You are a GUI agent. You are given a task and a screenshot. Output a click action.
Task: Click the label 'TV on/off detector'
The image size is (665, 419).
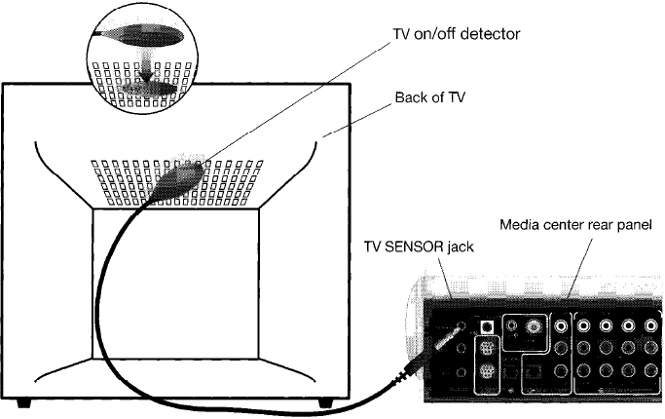(456, 33)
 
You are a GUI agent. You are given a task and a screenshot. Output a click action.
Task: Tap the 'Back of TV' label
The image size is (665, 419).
(430, 97)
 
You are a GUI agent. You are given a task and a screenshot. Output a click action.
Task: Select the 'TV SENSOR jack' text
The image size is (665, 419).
(419, 247)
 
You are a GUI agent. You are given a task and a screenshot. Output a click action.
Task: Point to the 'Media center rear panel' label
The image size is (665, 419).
(575, 224)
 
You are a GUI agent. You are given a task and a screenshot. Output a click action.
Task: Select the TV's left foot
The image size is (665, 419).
(23, 402)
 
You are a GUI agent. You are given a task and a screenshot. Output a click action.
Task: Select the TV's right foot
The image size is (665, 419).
(325, 402)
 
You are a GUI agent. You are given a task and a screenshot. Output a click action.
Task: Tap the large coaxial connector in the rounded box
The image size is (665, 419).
(534, 326)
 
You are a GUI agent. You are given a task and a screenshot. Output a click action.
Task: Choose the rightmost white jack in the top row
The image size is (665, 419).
(650, 325)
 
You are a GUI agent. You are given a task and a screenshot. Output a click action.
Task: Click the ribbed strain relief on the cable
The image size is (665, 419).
(401, 376)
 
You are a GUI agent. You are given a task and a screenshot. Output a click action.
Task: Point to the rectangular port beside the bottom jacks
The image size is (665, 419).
(533, 373)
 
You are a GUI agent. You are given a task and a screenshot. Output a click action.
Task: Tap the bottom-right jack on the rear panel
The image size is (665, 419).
(650, 370)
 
